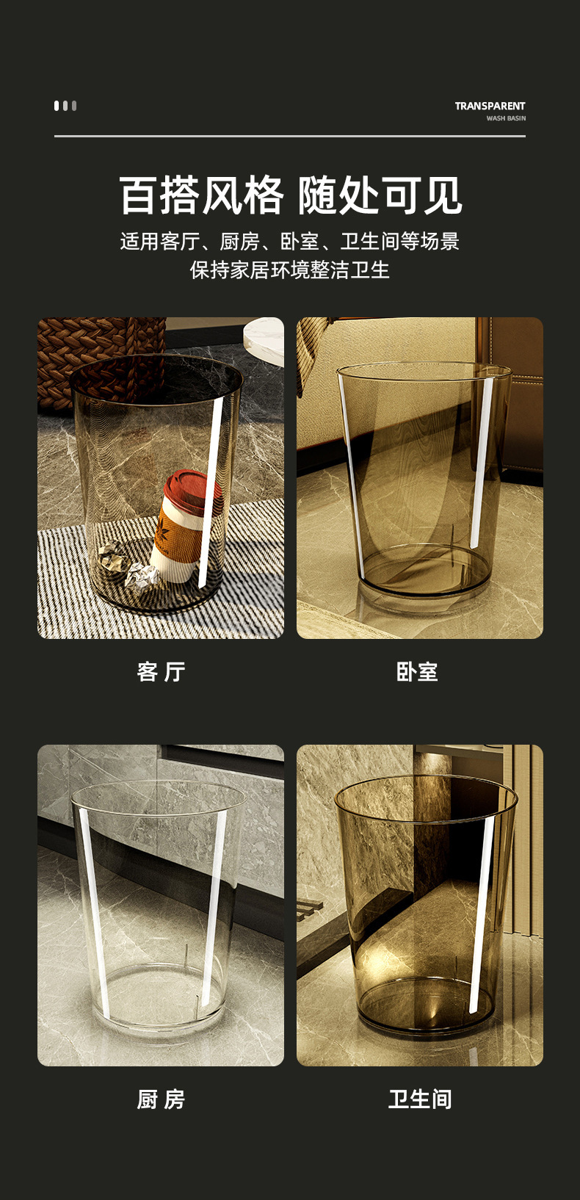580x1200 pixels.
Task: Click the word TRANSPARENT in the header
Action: [x=490, y=106]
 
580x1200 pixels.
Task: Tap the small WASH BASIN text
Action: [x=506, y=118]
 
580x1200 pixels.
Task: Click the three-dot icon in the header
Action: [x=65, y=106]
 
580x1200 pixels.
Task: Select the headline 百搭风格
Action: [x=201, y=196]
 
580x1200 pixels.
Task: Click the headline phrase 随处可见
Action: [x=380, y=196]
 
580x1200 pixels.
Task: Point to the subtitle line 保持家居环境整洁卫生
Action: [x=289, y=270]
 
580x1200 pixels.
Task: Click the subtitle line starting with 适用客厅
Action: [x=289, y=242]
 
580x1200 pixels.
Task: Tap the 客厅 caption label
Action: [x=161, y=671]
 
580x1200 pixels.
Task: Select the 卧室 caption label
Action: [x=417, y=671]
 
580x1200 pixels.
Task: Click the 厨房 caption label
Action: [x=161, y=1099]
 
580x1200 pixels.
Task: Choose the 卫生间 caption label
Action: [x=419, y=1099]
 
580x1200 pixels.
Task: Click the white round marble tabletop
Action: [x=265, y=339]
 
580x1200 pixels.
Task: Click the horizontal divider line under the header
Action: [x=289, y=136]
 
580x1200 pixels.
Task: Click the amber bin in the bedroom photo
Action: [x=423, y=477]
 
